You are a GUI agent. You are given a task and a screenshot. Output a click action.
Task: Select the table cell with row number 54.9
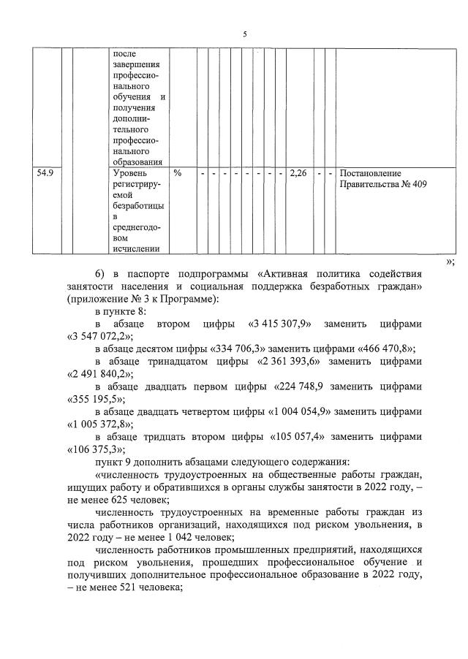(47, 174)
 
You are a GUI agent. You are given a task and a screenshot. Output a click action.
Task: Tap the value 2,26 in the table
(298, 174)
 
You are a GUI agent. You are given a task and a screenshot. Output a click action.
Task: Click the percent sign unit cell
(178, 174)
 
